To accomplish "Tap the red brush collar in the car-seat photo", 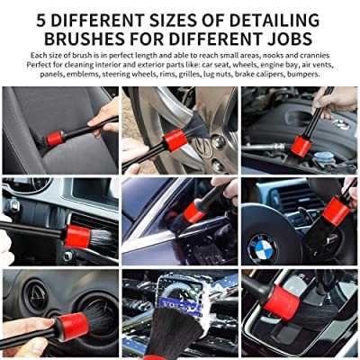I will (56, 139).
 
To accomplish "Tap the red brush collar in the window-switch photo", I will (77, 236).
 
